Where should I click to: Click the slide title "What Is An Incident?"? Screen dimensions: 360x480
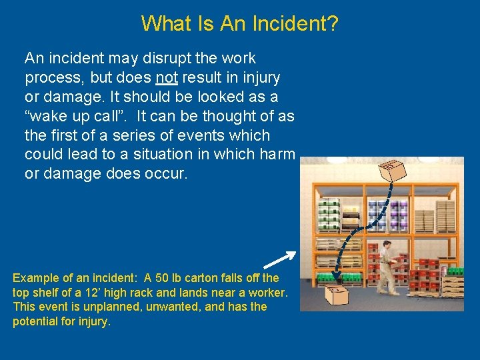point(240,24)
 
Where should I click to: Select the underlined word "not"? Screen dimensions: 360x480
point(167,77)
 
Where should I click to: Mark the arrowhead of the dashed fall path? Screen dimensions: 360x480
point(335,276)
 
